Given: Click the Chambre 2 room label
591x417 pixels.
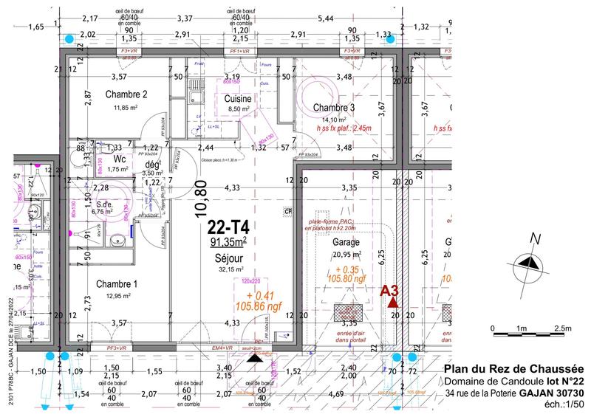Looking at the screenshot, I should tap(126, 94).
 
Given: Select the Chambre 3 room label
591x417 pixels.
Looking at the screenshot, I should tap(334, 108).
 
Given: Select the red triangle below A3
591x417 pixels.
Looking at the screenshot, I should tap(392, 302).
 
